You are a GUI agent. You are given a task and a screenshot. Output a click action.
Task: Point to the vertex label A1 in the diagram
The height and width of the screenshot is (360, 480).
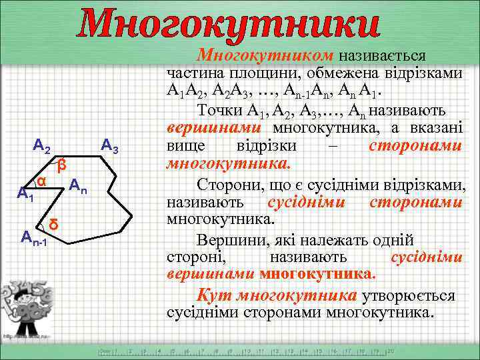(x=25, y=195)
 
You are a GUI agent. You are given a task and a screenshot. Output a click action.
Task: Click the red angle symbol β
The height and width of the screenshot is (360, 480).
(x=61, y=164)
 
